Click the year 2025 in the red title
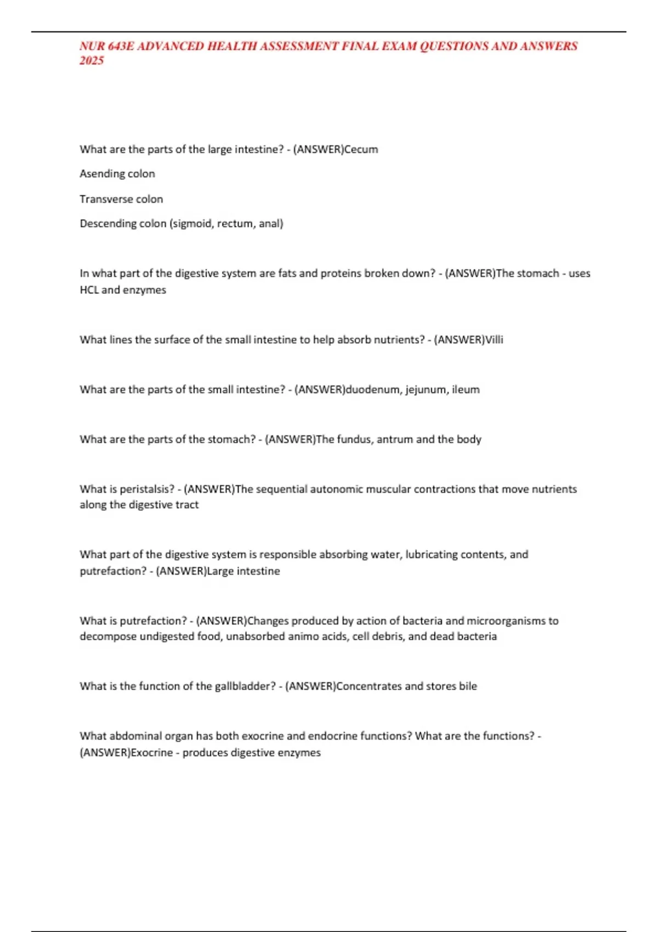click(91, 61)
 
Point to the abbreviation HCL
click(89, 290)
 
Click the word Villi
click(494, 340)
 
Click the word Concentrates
click(368, 686)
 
